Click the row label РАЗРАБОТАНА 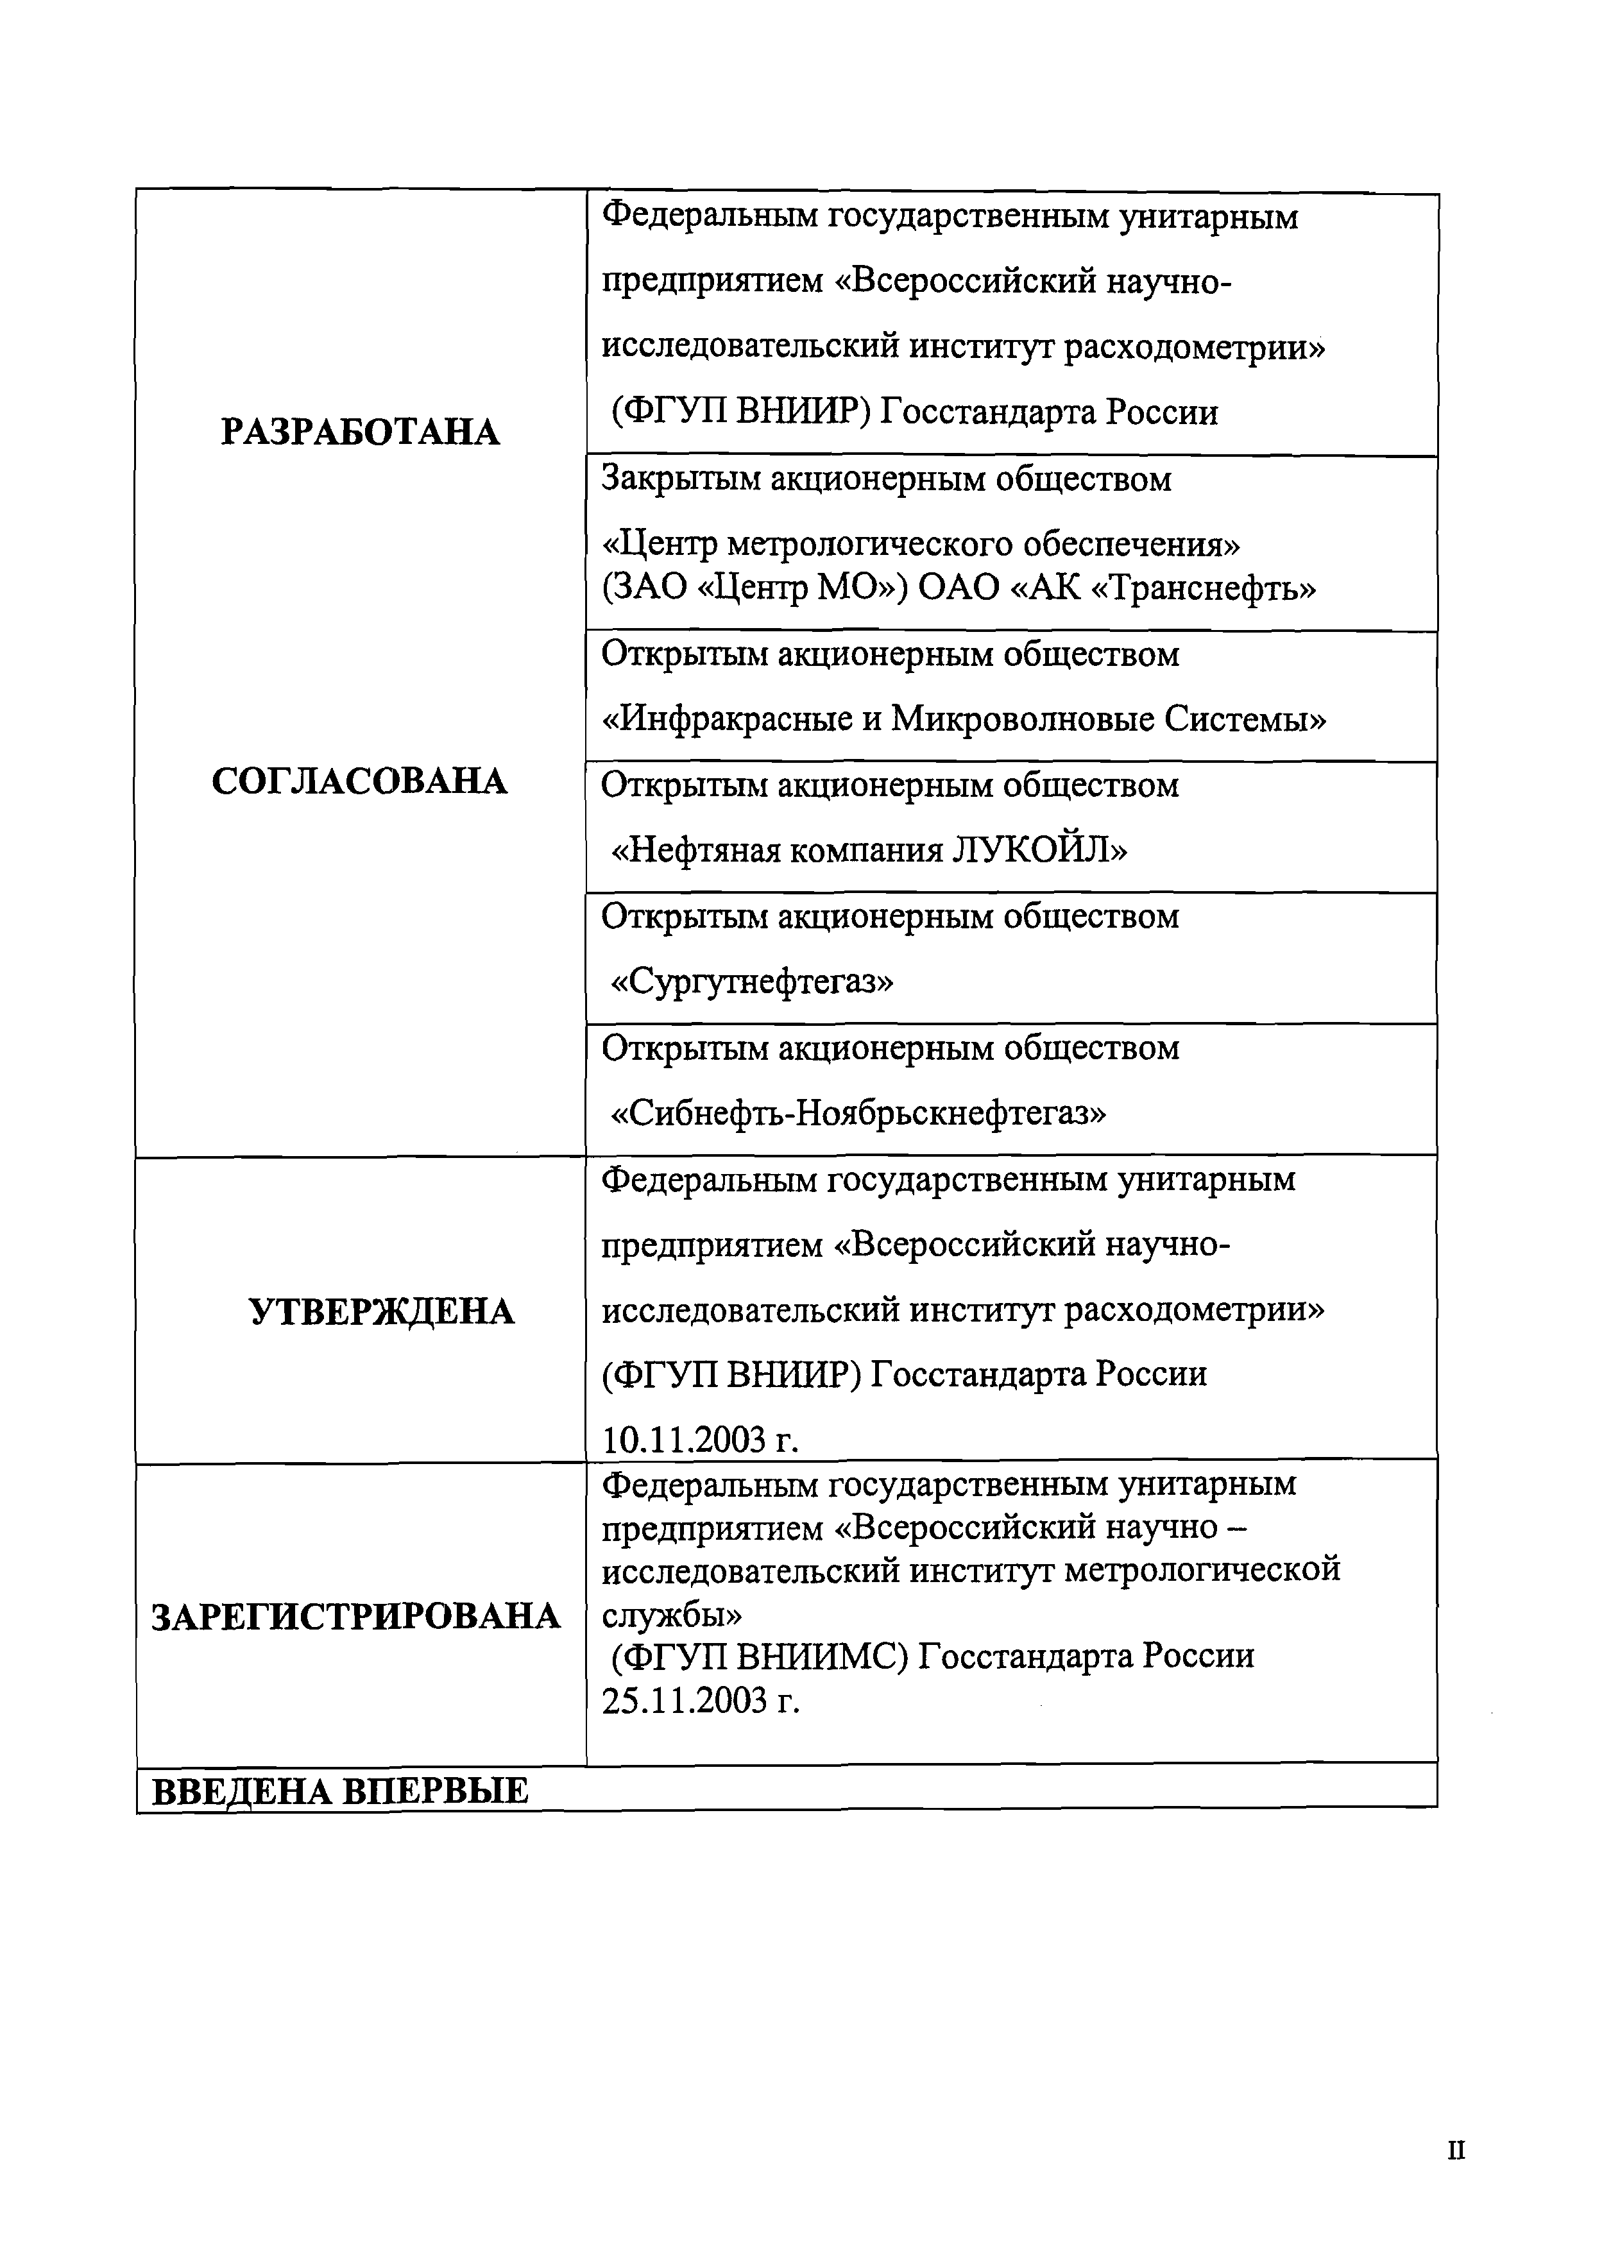point(360,432)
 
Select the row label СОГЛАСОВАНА point(359,782)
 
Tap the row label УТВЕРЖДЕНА point(381,1313)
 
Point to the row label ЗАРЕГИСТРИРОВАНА point(356,1617)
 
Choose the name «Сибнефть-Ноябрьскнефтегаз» point(858,1113)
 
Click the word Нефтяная point(694,850)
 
